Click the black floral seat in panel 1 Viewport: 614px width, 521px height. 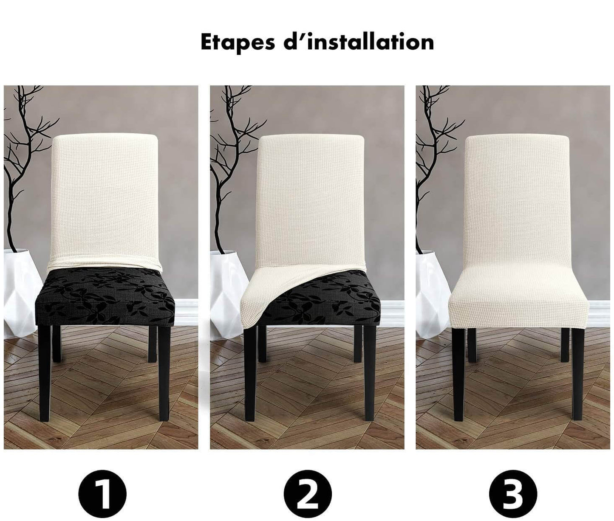[x=105, y=297]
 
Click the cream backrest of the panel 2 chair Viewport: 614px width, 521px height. [x=311, y=202]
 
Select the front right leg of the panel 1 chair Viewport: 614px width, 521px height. [x=164, y=372]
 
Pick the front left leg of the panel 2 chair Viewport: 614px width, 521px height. [x=250, y=372]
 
